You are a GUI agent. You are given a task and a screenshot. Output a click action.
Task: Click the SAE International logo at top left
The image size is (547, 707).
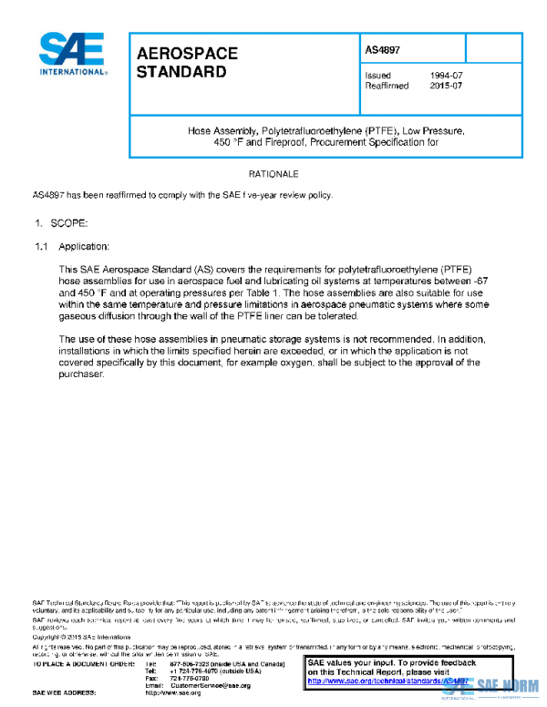point(72,55)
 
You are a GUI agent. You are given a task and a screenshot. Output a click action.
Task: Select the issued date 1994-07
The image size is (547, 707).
point(446,75)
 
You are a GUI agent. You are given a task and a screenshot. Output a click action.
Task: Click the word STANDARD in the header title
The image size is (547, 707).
point(181,72)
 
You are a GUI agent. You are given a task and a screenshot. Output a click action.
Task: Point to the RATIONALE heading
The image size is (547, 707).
point(273,173)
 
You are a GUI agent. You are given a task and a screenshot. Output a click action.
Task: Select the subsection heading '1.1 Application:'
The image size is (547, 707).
point(72,247)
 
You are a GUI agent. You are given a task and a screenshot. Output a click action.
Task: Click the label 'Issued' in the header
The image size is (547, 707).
point(377,75)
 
